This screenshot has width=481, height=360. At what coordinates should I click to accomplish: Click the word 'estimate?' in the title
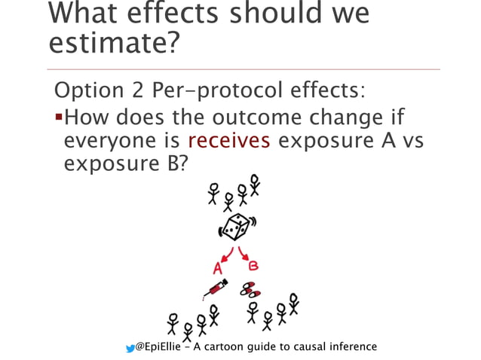[x=114, y=44]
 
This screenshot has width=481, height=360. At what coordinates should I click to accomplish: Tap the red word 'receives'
[x=229, y=141]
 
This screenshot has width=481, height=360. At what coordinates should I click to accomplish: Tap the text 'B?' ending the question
[x=174, y=163]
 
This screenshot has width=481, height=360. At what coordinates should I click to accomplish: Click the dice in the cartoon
[x=234, y=226]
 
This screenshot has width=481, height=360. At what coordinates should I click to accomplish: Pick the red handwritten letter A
[x=218, y=267]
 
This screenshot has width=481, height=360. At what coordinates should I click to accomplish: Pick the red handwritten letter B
[x=254, y=264]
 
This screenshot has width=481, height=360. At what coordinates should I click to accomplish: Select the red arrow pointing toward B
[x=244, y=252]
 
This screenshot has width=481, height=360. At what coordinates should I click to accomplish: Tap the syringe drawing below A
[x=215, y=288]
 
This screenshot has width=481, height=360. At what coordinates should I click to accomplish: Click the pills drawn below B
[x=250, y=288]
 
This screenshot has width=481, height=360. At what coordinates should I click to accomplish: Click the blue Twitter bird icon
[x=130, y=347]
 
